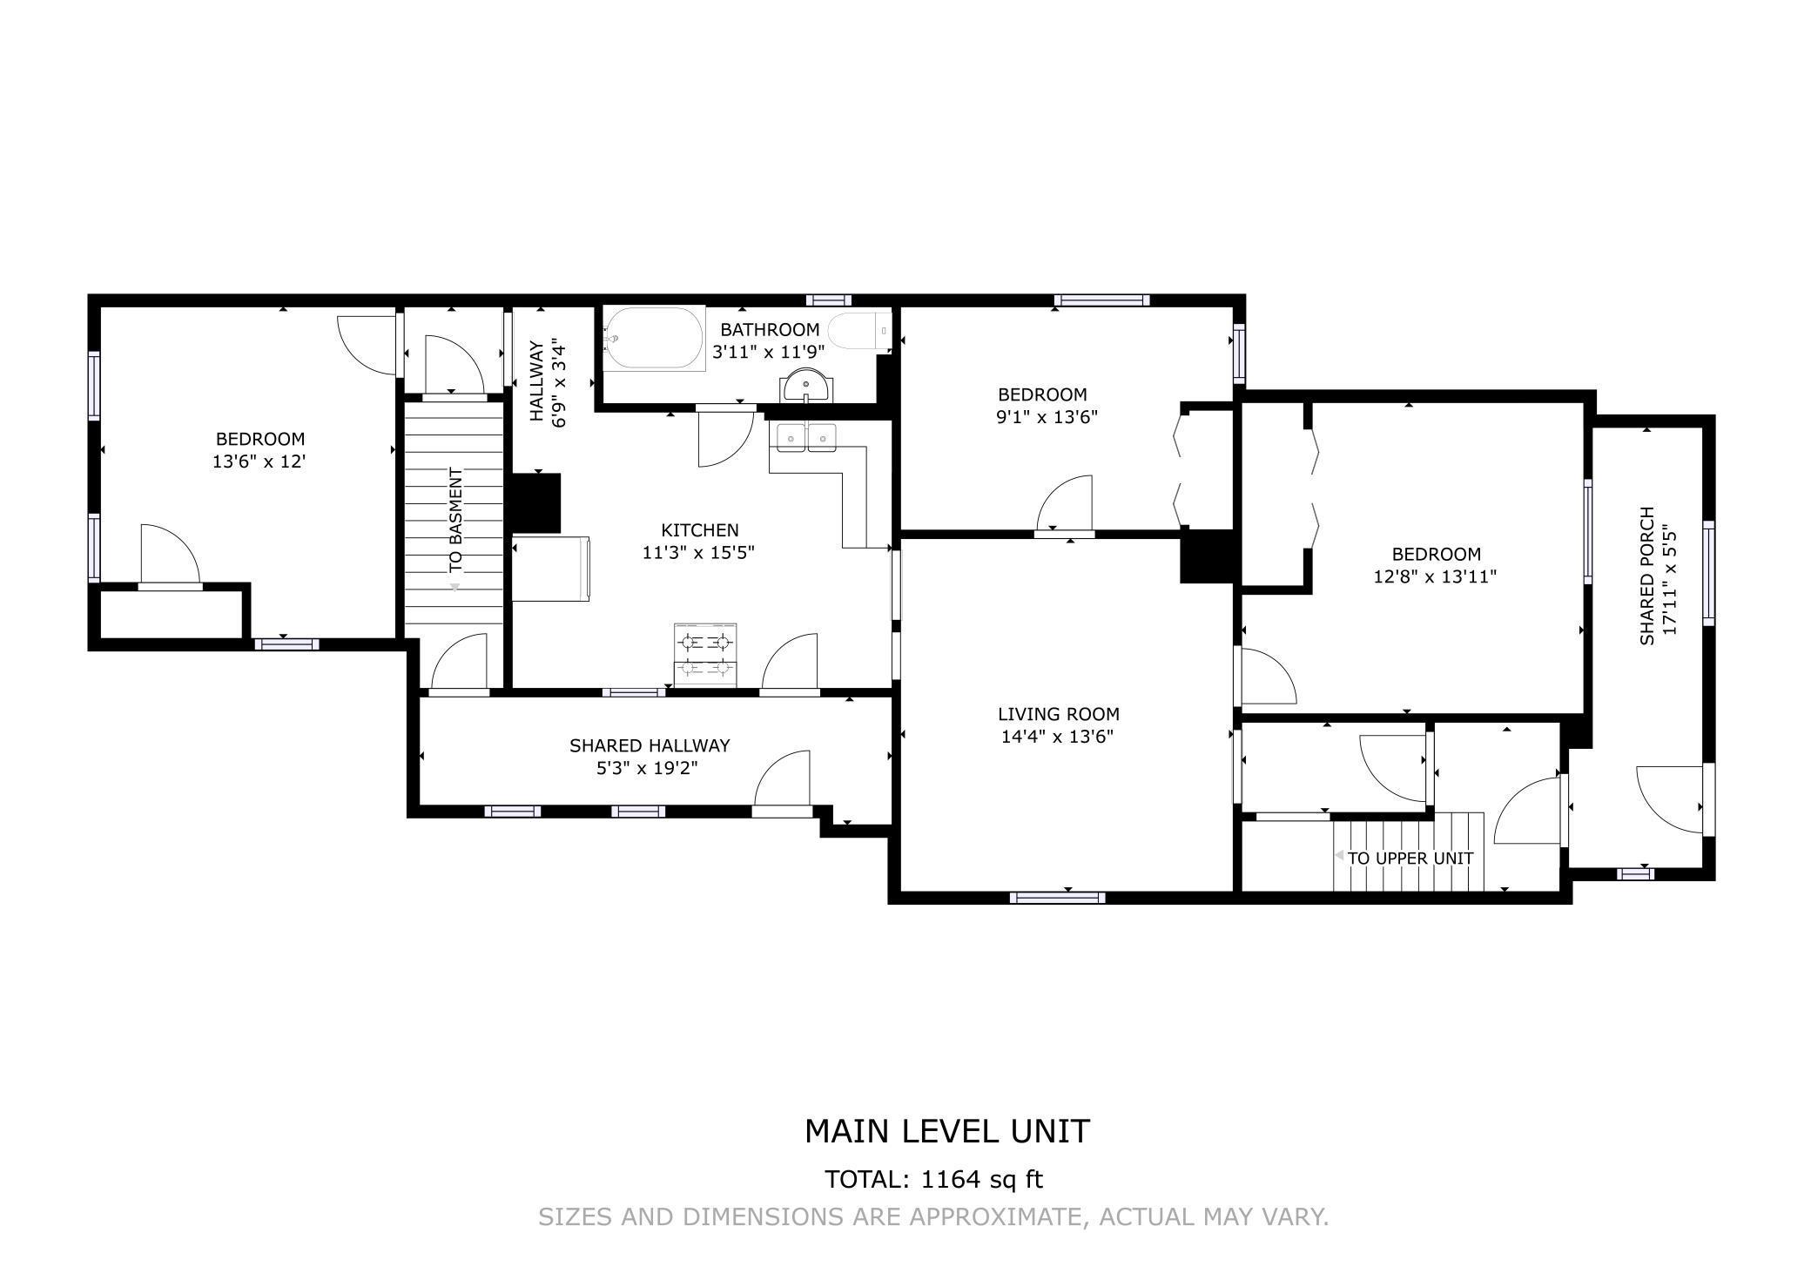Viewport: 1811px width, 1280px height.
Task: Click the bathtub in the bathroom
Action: (654, 338)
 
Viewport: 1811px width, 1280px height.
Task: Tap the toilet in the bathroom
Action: (859, 332)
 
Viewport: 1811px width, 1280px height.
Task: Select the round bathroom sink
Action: (806, 386)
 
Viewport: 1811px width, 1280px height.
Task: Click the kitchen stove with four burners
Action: (705, 656)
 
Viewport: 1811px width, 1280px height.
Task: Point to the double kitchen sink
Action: (806, 437)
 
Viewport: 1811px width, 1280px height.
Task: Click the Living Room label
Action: (1059, 714)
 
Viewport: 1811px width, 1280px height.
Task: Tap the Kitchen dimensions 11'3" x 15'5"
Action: (698, 552)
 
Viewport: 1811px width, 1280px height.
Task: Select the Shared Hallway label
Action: (650, 745)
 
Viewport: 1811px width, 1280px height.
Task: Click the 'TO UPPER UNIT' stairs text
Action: (1410, 858)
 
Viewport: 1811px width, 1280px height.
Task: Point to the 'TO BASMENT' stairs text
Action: (456, 520)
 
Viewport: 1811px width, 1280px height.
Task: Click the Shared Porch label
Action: (1646, 576)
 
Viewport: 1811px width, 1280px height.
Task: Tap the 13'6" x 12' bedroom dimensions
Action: (259, 461)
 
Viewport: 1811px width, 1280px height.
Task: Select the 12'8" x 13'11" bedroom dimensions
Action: (1435, 576)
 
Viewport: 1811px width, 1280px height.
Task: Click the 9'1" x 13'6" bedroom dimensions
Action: (1047, 416)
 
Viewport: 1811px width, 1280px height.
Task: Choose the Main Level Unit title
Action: (947, 1131)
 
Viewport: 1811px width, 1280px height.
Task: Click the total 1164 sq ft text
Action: (933, 1180)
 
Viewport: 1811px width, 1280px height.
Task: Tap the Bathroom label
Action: (770, 330)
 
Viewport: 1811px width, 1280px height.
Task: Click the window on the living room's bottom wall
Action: (1058, 897)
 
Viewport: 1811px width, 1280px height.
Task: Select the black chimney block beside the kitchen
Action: (535, 503)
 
